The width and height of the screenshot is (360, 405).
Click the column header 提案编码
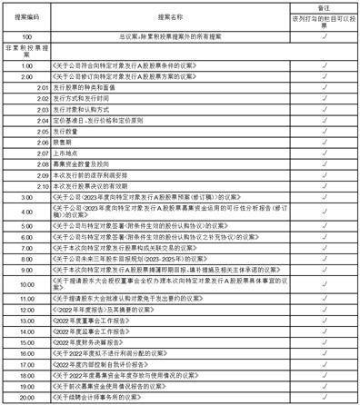(x=26, y=17)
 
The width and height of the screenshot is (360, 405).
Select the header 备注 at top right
(x=324, y=6)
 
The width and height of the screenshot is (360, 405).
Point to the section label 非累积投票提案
(x=26, y=50)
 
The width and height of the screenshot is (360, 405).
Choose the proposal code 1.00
(x=26, y=67)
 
